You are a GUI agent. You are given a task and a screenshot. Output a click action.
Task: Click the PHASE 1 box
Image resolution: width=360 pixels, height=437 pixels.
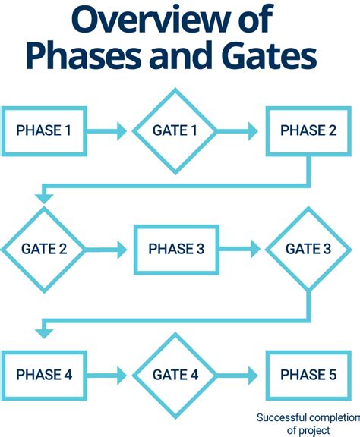43,130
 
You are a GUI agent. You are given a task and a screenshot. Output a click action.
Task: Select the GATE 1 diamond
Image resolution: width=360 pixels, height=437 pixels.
175,130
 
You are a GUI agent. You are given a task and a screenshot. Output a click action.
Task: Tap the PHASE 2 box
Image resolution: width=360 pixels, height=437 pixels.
308,130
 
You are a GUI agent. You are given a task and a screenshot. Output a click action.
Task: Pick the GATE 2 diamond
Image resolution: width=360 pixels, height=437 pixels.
43,249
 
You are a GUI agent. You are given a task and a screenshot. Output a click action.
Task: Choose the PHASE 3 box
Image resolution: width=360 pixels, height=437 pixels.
175,249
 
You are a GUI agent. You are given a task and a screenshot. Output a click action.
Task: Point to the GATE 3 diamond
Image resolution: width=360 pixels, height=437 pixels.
308,249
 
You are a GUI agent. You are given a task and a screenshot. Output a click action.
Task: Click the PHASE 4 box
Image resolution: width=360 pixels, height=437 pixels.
43,375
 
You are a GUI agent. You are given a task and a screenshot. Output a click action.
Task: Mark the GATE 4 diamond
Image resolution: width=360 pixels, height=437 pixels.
175,375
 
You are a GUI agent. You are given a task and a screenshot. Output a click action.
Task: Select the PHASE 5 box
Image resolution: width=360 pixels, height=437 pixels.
308,375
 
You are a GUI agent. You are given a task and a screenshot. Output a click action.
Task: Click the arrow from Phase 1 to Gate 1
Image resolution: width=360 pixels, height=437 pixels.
106,131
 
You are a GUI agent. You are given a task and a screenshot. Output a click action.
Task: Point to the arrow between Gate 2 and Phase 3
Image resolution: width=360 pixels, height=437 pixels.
106,249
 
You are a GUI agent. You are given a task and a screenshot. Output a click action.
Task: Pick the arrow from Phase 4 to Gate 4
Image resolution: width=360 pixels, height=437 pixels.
106,375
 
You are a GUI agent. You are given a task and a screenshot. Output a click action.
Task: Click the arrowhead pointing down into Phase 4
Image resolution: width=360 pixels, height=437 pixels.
43,331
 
